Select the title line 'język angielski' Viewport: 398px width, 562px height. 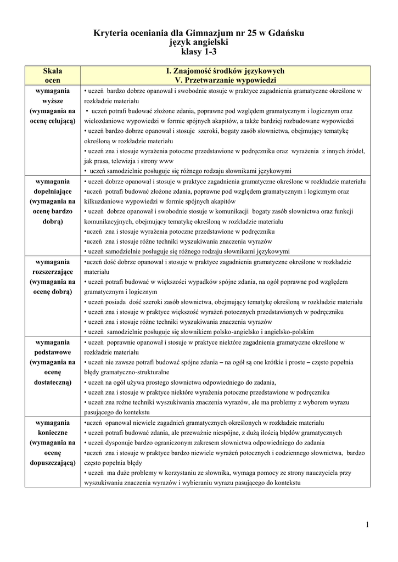point(199,42)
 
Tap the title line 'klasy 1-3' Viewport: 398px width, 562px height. point(199,52)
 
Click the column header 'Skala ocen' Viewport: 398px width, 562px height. point(53,75)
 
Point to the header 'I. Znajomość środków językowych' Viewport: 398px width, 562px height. point(225,71)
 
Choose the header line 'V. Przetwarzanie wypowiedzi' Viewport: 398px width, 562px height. point(225,80)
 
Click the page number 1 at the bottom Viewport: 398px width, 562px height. point(367,525)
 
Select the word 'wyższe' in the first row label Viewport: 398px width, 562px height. point(53,102)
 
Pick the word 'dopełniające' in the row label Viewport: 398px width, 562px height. point(53,192)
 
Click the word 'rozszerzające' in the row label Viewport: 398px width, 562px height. point(53,272)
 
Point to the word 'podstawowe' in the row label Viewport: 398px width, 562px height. point(53,352)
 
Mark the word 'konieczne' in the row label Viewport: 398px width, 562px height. point(53,433)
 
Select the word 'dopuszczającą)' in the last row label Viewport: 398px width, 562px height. point(53,463)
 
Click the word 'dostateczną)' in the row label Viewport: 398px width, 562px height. point(53,383)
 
